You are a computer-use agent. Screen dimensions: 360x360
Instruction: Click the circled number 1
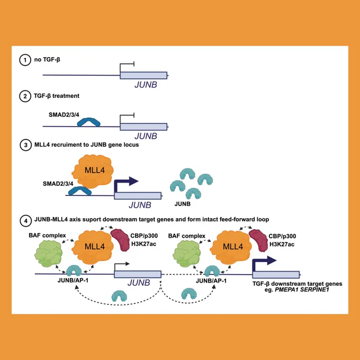tap(25, 60)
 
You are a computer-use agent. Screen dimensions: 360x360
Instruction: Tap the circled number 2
tap(25, 96)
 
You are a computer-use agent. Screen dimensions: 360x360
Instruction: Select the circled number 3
tap(25, 145)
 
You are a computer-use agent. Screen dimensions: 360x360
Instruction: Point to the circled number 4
tap(25, 221)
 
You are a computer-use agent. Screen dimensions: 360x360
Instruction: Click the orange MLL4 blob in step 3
tap(93, 171)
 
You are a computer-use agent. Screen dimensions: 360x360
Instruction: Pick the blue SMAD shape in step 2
tap(88, 122)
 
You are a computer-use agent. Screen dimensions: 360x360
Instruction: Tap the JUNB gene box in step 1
tap(143, 75)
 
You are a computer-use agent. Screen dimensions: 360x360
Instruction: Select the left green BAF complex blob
tap(49, 254)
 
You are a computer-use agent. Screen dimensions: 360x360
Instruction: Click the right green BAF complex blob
tap(187, 254)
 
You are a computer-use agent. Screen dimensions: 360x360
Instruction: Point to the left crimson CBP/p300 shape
tap(120, 240)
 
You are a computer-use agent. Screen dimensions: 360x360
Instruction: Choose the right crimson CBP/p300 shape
tap(258, 240)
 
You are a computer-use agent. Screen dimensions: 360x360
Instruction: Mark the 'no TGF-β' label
tap(47, 60)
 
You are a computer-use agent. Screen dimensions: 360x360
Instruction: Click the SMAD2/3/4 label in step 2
tap(64, 114)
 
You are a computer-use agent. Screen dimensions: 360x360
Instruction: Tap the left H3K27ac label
tap(143, 244)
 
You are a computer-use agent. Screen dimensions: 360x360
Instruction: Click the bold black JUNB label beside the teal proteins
tap(183, 204)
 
